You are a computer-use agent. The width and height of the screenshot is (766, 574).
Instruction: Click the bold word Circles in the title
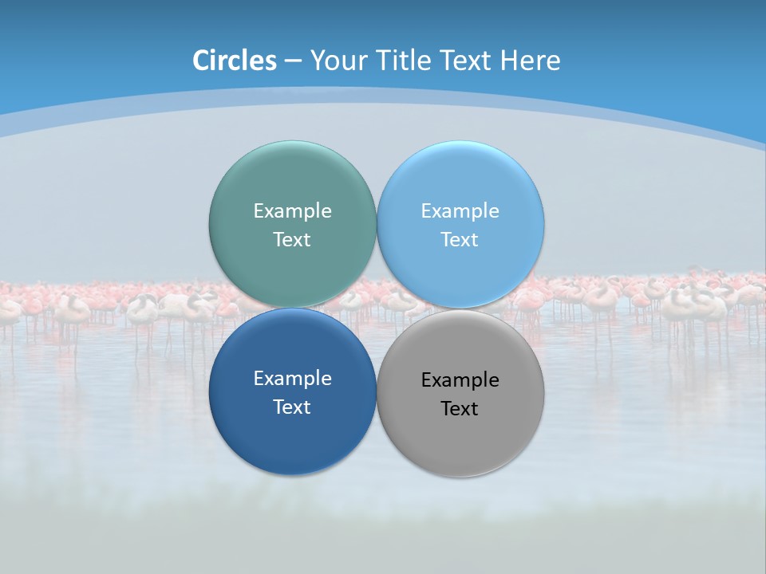point(235,61)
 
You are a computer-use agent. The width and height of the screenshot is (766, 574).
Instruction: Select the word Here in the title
point(531,61)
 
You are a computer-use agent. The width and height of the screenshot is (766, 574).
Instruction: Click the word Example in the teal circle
point(292,210)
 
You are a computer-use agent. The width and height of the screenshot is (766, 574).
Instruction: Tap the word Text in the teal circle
point(292,239)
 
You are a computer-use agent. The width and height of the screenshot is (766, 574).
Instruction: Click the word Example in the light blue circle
point(460,210)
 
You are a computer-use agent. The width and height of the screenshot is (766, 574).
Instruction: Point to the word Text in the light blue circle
point(460,239)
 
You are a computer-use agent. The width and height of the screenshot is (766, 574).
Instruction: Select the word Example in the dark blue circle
point(292,378)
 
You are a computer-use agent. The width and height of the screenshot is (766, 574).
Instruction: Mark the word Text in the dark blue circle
point(292,407)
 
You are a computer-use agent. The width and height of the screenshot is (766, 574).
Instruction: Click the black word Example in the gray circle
point(460,379)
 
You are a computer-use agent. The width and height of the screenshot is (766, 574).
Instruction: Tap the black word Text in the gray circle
point(460,408)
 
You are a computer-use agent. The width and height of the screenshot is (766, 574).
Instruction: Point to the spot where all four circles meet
point(377,309)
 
